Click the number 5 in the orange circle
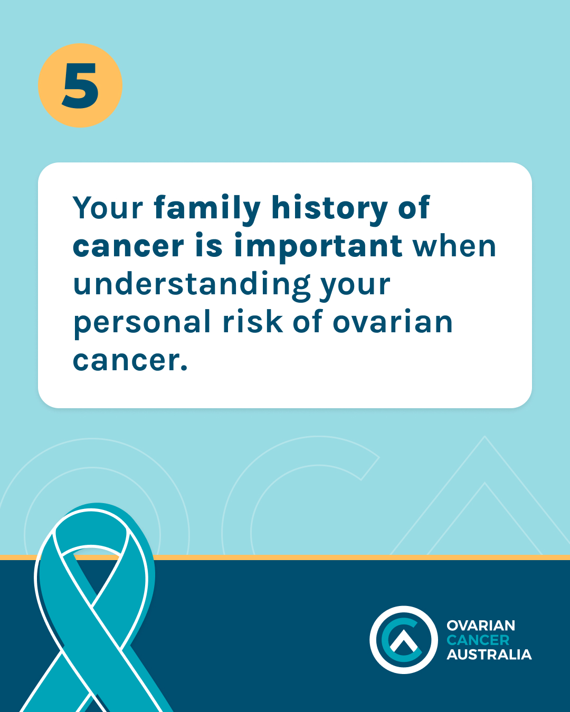(x=80, y=85)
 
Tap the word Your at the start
(x=108, y=208)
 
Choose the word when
(x=454, y=246)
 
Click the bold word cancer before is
(x=128, y=247)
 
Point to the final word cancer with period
(x=130, y=361)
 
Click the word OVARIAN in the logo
(x=481, y=626)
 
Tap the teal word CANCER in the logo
(x=478, y=640)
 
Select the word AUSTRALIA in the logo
(x=489, y=655)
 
